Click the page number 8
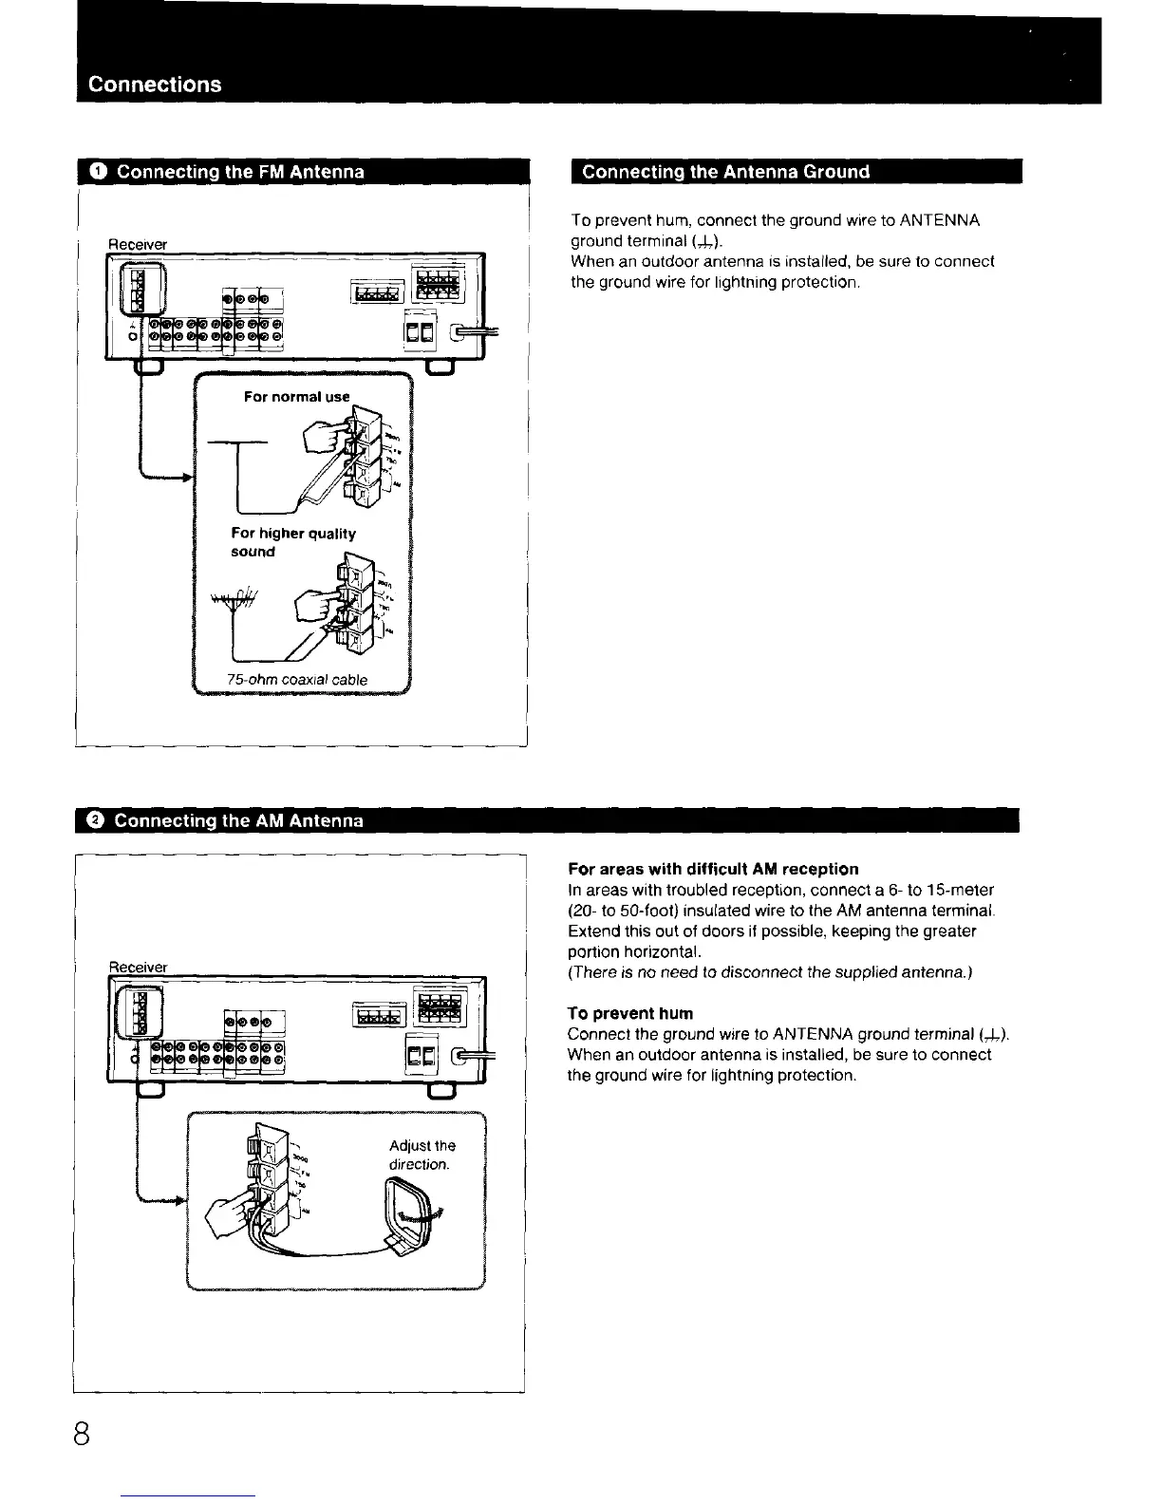[x=81, y=1433]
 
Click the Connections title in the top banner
[x=155, y=84]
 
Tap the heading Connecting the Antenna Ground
[x=725, y=172]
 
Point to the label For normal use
[x=296, y=397]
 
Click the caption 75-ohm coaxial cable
[x=297, y=679]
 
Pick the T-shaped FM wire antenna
[x=237, y=465]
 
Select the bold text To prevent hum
[x=629, y=1013]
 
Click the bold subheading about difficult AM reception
[x=712, y=869]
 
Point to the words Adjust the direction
[x=422, y=1155]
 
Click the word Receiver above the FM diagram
[x=139, y=244]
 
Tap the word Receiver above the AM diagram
[x=139, y=967]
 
